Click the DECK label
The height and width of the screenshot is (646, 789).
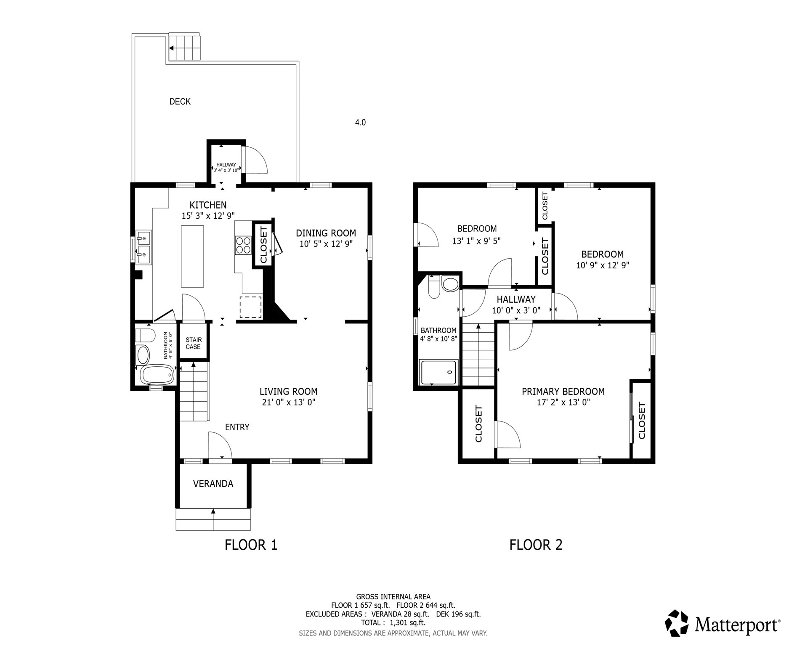[180, 101]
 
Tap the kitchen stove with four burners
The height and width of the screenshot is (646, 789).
[243, 245]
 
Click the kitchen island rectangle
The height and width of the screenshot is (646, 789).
[192, 256]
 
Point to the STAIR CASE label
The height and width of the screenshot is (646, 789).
[193, 343]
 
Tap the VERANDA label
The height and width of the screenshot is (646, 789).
[213, 484]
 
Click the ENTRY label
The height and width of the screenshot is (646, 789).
[237, 427]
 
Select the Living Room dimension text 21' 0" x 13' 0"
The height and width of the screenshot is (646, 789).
[288, 402]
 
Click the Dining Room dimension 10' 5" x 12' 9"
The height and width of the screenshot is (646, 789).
[326, 244]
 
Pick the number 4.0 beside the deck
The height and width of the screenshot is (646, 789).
[360, 122]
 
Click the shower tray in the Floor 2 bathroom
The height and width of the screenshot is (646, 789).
[438, 372]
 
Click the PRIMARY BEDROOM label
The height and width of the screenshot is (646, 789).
[563, 392]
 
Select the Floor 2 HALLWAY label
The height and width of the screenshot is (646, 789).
[516, 299]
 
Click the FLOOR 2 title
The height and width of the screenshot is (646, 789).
[536, 545]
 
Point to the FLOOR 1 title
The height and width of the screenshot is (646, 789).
[251, 545]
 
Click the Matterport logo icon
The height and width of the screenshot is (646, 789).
[677, 623]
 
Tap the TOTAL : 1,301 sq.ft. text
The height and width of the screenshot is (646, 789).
[393, 622]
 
